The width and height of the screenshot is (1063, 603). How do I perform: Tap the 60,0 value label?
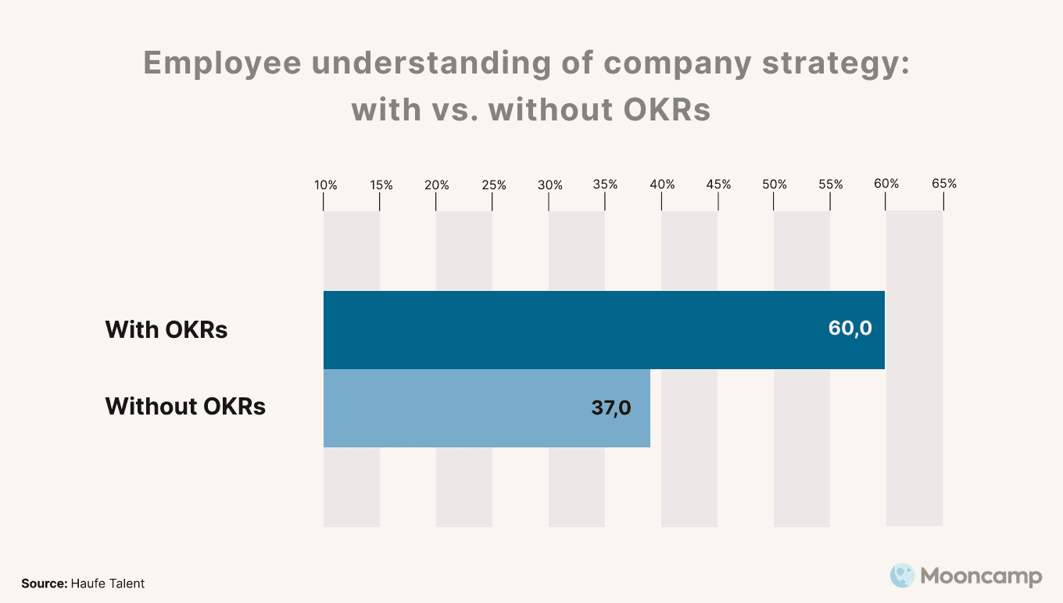850,328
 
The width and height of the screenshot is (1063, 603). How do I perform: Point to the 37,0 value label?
610,407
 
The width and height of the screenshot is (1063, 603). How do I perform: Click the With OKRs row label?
166,329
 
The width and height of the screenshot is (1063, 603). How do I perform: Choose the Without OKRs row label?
185,407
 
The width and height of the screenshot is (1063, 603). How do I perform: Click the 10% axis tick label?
326,185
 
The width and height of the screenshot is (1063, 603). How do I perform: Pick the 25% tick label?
494,185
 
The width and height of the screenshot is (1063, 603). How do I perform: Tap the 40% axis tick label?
663,185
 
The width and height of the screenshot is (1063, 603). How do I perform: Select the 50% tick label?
775,185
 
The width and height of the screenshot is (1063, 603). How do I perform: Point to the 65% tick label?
944,184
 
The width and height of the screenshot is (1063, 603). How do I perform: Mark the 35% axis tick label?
606,185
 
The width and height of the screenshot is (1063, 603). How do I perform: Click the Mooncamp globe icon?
902,576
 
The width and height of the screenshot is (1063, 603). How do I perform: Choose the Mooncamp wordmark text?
981,576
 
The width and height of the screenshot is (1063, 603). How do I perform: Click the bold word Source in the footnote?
44,583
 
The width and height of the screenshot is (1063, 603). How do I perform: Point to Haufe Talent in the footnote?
108,583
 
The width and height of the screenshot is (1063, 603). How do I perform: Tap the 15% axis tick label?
381,185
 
